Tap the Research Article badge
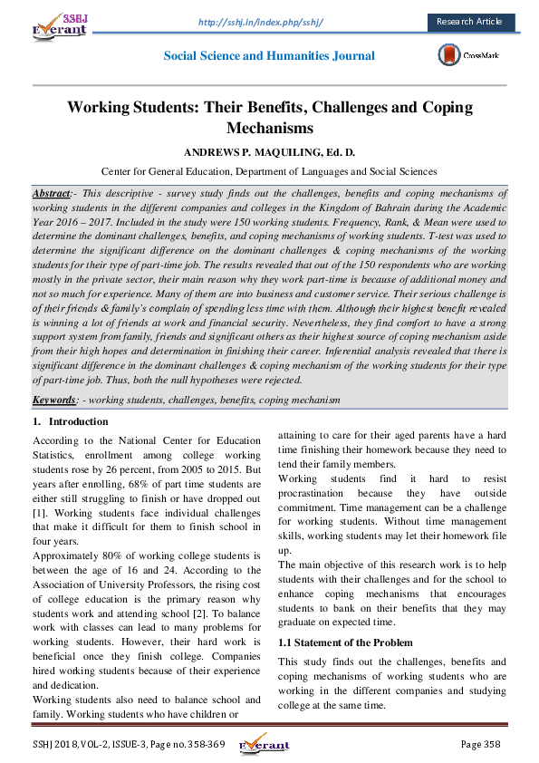click(468, 21)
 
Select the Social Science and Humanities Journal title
click(269, 56)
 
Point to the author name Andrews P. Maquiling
click(269, 150)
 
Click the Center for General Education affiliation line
click(269, 170)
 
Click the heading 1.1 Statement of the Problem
click(340, 642)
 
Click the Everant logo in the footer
click(264, 745)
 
